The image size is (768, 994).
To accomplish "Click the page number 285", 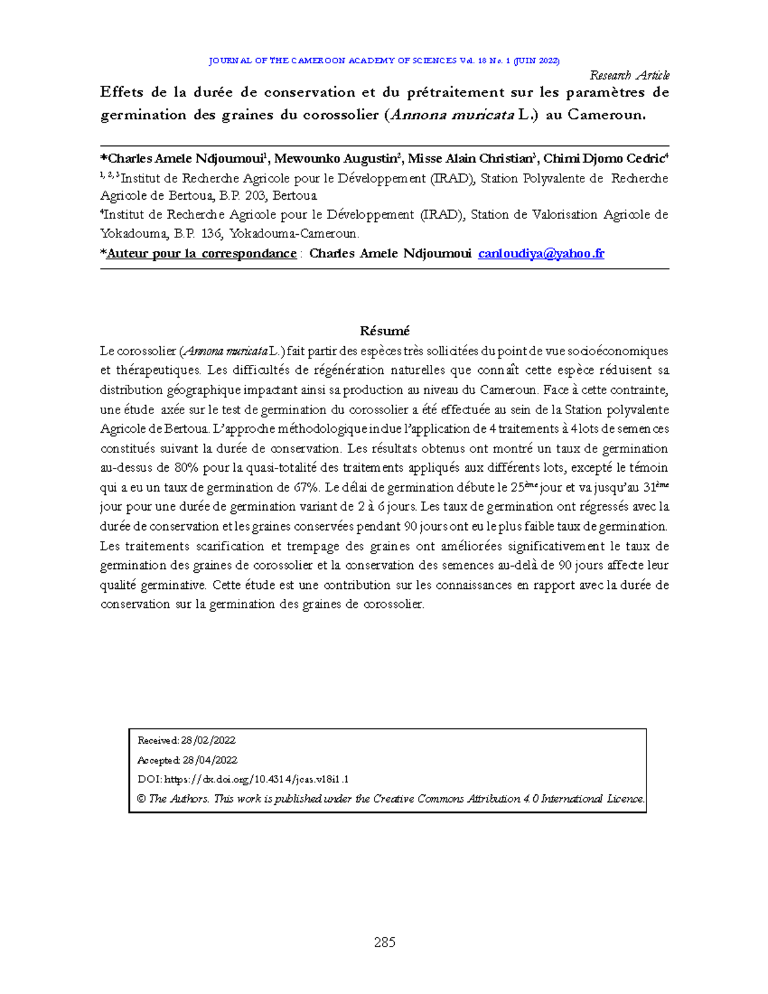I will [385, 942].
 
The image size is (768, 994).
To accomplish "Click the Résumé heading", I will [385, 331].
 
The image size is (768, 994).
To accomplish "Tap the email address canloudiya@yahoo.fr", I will [541, 253].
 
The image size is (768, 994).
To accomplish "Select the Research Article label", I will [629, 76].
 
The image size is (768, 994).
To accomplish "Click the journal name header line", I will [384, 61].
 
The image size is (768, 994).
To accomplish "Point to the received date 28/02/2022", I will [209, 741].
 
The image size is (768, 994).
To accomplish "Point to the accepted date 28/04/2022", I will [210, 760].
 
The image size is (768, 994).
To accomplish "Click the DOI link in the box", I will [256, 780].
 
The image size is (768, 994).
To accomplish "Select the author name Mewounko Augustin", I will [337, 159].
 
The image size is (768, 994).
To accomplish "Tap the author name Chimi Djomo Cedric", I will [604, 159].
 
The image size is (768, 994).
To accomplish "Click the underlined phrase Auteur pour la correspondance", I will [201, 253].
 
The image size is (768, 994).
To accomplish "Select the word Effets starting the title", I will [122, 92].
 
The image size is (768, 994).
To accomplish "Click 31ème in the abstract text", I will [655, 487].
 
